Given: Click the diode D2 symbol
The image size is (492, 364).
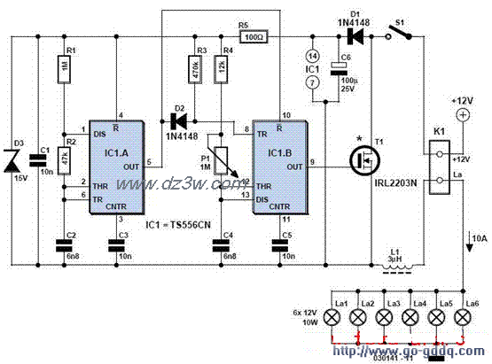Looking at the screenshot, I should click(x=176, y=120).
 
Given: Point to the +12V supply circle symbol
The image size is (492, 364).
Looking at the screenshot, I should click(x=461, y=115).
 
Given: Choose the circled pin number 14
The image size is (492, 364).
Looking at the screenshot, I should click(x=309, y=55).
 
